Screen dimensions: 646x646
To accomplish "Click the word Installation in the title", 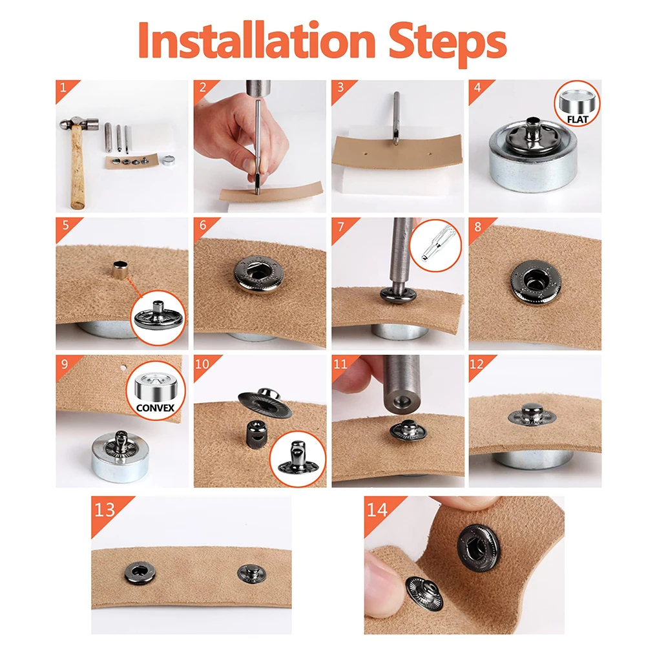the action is pyautogui.click(x=256, y=40).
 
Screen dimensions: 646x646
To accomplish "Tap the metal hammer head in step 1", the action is pyautogui.click(x=79, y=123).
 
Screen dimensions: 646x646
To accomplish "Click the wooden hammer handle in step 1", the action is pyautogui.click(x=77, y=167).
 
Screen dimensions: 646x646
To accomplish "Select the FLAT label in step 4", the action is pyautogui.click(x=577, y=120).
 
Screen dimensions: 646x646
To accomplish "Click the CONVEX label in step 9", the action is pyautogui.click(x=155, y=408).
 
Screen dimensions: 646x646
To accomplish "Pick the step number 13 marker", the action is pyautogui.click(x=105, y=510).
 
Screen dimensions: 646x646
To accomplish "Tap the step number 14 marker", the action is pyautogui.click(x=377, y=510).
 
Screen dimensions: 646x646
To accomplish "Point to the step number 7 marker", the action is pyautogui.click(x=340, y=227).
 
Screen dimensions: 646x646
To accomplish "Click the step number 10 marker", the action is pyautogui.click(x=202, y=364).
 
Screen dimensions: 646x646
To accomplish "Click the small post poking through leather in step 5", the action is pyautogui.click(x=120, y=270).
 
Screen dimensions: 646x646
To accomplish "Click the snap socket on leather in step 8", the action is pyautogui.click(x=536, y=283).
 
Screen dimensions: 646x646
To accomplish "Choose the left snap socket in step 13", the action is pyautogui.click(x=140, y=573).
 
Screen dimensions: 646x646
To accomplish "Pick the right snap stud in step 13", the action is pyautogui.click(x=251, y=574).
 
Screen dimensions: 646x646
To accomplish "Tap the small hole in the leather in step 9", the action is pyautogui.click(x=123, y=368).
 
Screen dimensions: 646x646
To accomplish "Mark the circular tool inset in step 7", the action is pyautogui.click(x=435, y=245).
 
